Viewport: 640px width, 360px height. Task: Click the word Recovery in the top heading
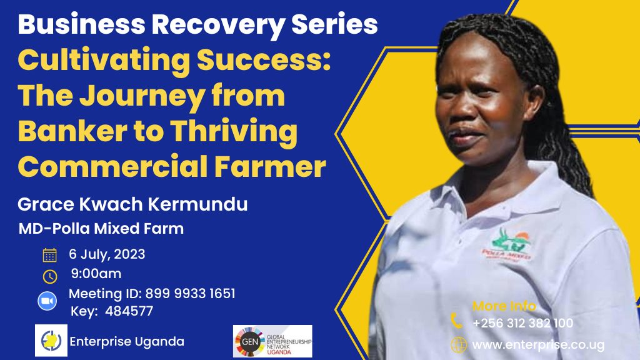(x=218, y=25)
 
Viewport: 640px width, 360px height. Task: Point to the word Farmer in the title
(x=270, y=167)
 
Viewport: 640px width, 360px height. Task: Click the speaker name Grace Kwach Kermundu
(x=132, y=204)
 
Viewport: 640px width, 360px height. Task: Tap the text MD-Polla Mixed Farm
(x=101, y=229)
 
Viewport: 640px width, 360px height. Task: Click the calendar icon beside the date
(x=50, y=255)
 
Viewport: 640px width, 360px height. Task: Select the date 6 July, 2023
(x=107, y=254)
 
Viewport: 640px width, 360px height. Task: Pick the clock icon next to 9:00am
(x=50, y=276)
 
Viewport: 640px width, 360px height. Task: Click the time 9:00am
(x=96, y=274)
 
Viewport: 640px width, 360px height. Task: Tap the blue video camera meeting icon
(x=47, y=301)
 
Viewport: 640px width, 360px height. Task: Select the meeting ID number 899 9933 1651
(x=190, y=294)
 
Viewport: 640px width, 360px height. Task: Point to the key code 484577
(x=129, y=311)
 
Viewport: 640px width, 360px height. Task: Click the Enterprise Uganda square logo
(x=51, y=341)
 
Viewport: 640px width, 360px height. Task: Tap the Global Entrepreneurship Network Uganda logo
(x=272, y=341)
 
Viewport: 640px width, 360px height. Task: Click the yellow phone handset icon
(x=457, y=321)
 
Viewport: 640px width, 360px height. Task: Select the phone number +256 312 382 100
(x=523, y=323)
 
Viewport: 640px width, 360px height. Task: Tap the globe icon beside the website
(x=459, y=345)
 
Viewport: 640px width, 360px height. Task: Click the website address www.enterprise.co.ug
(x=538, y=345)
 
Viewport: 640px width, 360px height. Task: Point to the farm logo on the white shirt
(x=507, y=245)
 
